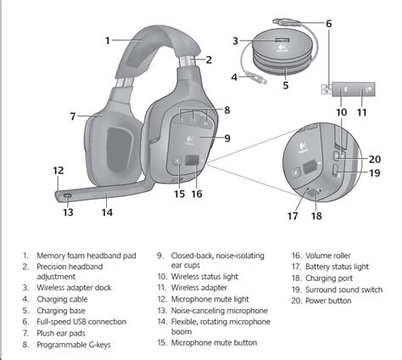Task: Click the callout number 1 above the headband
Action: (x=108, y=41)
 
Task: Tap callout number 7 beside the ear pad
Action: (x=73, y=116)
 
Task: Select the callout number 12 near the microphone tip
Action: (x=59, y=171)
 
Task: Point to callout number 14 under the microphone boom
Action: (x=107, y=212)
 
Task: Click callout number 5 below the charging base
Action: (x=286, y=85)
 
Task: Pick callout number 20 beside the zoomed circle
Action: (x=375, y=160)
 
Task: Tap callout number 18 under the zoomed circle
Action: (x=316, y=216)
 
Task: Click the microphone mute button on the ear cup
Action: (x=177, y=160)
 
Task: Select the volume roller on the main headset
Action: (x=192, y=160)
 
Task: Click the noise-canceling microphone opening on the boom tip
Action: (x=68, y=195)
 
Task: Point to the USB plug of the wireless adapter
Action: (x=327, y=89)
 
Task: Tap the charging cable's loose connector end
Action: (x=257, y=78)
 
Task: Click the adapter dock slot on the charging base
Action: (x=282, y=40)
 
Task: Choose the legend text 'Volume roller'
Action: (x=328, y=256)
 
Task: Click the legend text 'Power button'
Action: (x=328, y=301)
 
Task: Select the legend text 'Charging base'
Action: (x=61, y=311)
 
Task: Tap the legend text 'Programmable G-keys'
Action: (x=74, y=345)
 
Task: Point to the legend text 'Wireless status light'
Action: (x=204, y=277)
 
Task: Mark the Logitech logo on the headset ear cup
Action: (x=188, y=140)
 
